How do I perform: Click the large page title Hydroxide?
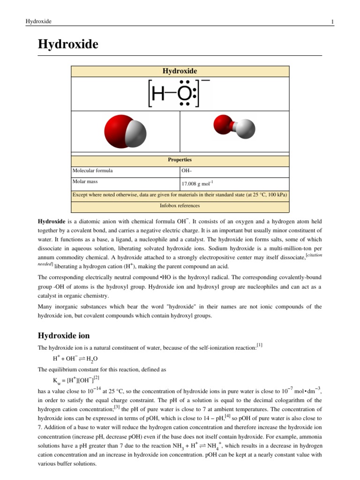[68, 45]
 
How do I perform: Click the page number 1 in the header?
[332, 22]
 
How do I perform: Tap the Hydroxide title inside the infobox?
[180, 71]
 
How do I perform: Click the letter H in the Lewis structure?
[158, 95]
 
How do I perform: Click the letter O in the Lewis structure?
[184, 95]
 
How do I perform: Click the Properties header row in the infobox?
[180, 160]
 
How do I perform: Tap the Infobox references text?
[180, 205]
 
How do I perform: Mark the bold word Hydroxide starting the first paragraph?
[52, 220]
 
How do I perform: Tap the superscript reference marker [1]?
[259, 345]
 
